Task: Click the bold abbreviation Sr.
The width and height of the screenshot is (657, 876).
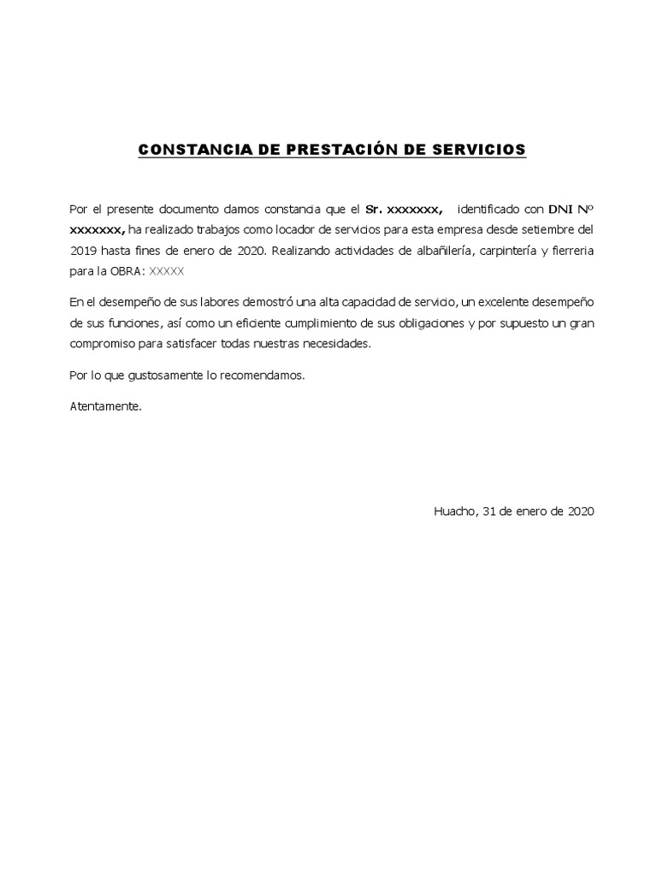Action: point(374,209)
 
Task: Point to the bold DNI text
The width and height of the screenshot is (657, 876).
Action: point(561,209)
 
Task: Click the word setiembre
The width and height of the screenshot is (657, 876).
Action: point(538,230)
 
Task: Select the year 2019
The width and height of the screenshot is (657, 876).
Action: point(86,251)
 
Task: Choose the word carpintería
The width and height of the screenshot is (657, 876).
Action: point(533,251)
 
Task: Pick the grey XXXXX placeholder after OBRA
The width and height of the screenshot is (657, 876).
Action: point(167,272)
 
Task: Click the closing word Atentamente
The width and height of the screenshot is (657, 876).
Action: point(105,407)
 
